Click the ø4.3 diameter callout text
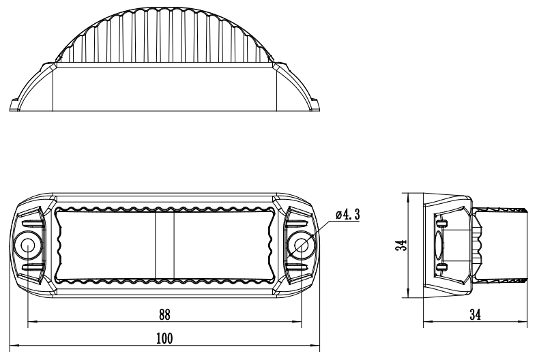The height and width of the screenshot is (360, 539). tap(348, 215)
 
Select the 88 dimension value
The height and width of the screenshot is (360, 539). tap(164, 314)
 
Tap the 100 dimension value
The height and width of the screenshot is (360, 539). tap(164, 338)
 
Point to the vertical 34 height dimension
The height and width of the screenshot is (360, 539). tap(400, 245)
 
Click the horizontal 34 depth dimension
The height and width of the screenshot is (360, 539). tap(476, 314)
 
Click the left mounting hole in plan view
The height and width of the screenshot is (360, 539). tap(27, 246)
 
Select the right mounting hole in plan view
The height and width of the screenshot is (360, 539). tap(302, 246)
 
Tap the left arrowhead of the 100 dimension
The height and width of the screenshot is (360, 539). tap(14, 346)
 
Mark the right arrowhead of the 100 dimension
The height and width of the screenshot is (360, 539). tap(315, 346)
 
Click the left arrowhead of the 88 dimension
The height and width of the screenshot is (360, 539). tap(32, 322)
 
